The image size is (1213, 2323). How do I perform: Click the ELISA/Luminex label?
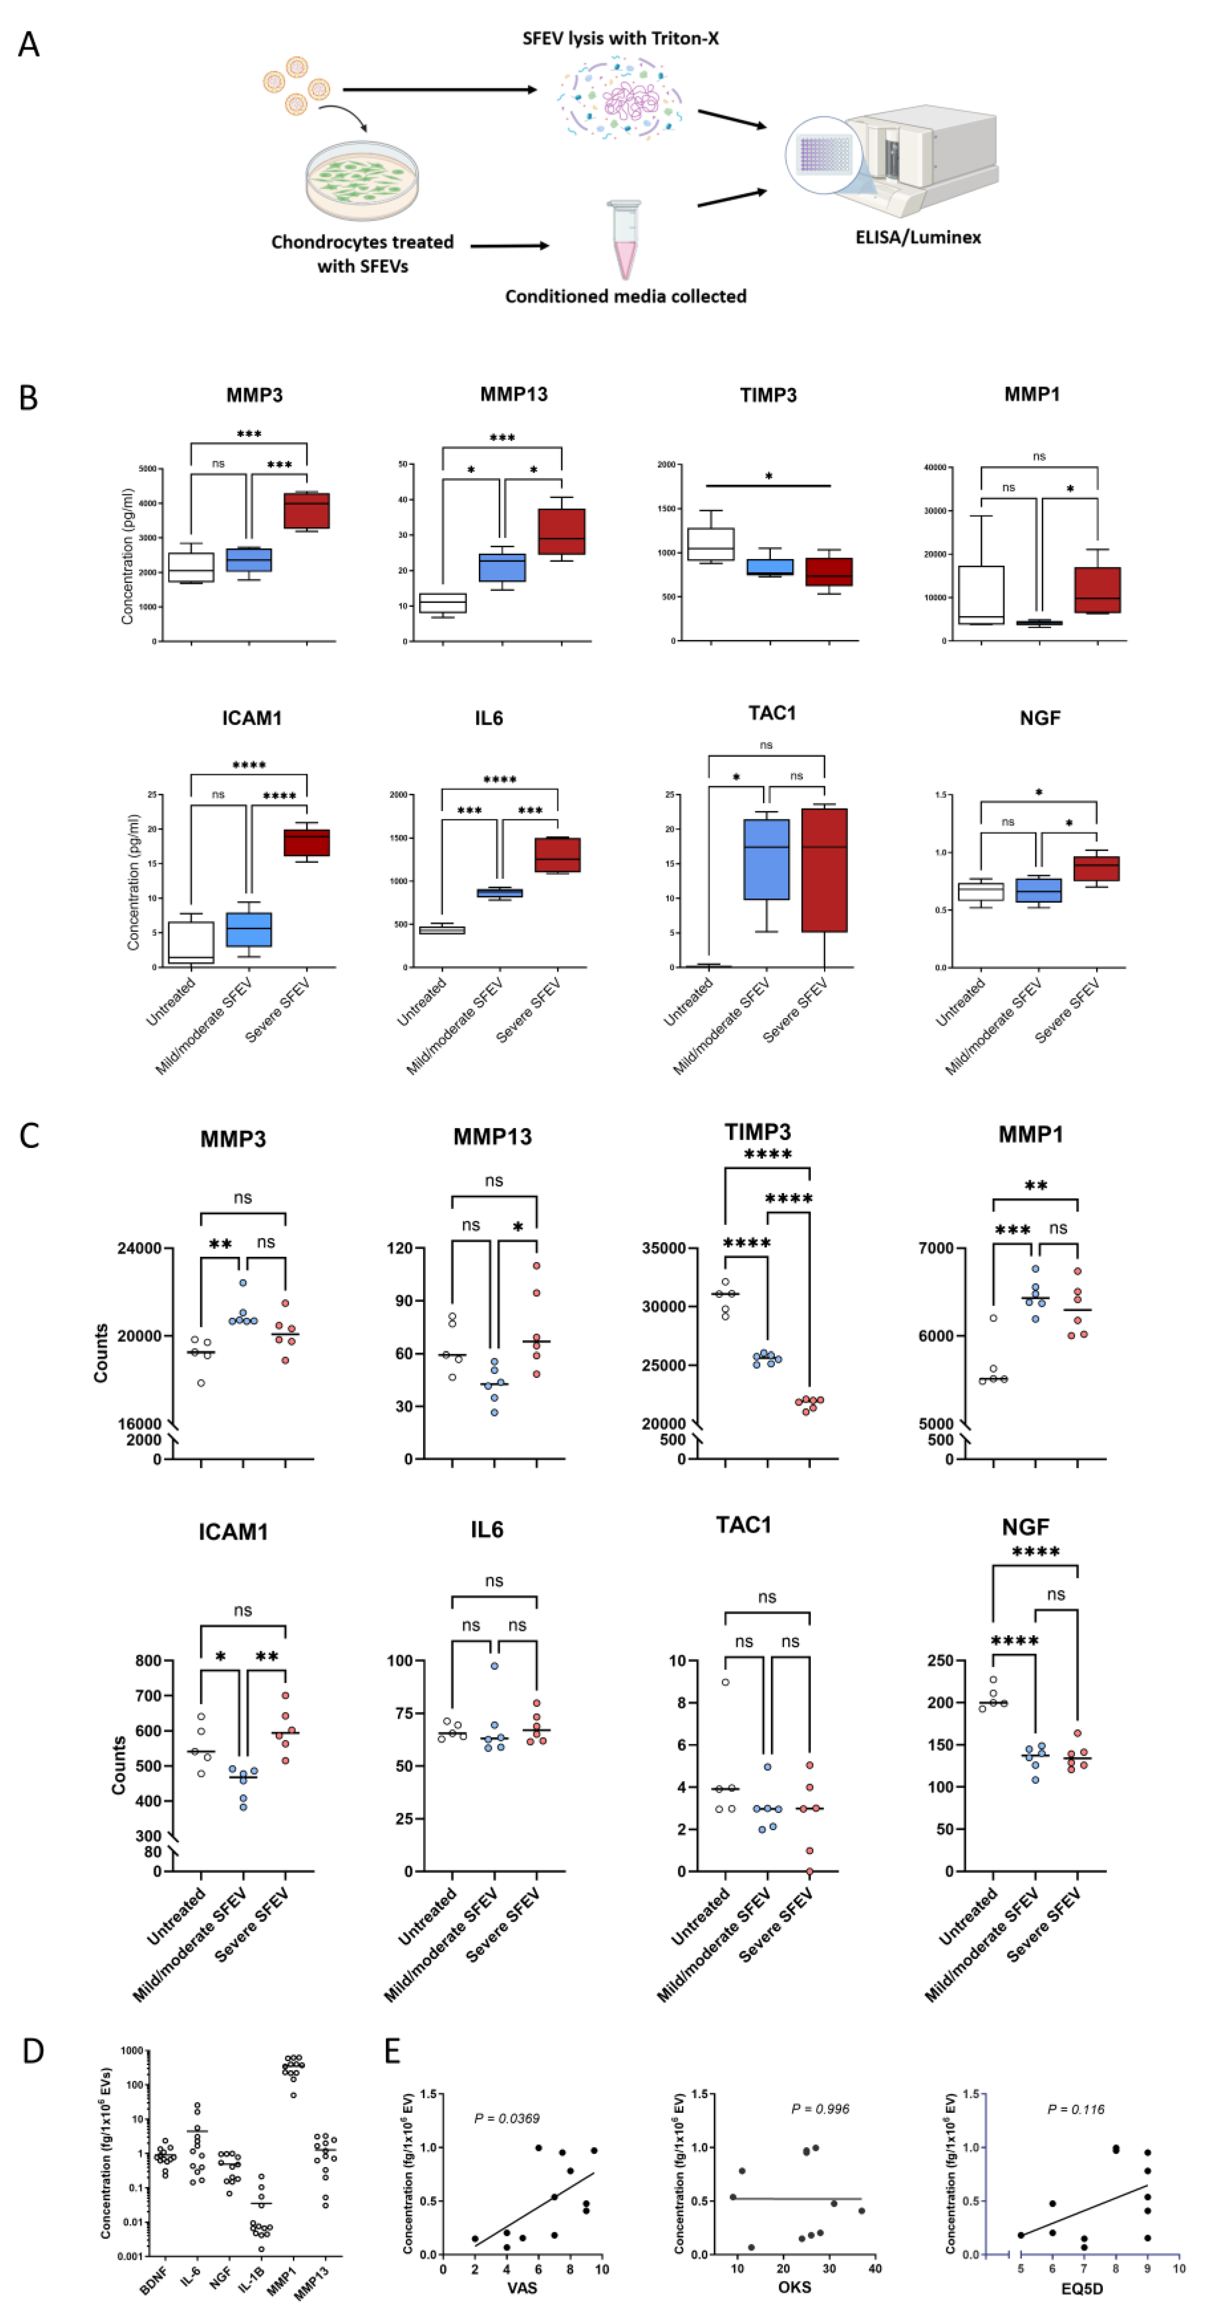(x=917, y=237)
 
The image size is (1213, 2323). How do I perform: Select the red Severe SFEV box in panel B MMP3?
(x=307, y=510)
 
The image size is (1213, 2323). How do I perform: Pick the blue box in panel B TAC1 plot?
(x=766, y=859)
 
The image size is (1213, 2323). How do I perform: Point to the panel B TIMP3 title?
(x=767, y=395)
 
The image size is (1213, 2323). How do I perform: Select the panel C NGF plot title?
(x=1026, y=1527)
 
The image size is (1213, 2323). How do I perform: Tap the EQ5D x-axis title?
(x=1081, y=2289)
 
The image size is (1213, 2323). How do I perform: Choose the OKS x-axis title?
(x=793, y=2287)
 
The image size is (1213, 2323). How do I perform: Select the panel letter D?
(x=32, y=2052)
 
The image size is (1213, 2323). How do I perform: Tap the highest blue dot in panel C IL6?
(x=494, y=1665)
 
